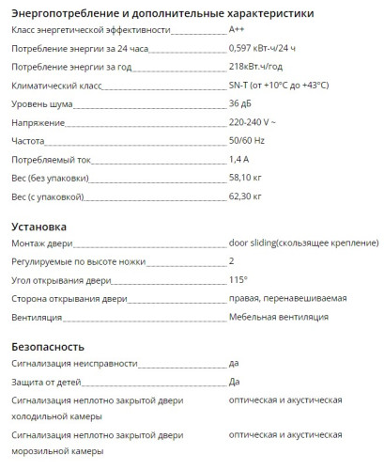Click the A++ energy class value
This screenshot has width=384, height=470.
[238, 31]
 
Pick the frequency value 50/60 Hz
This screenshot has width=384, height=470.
[247, 140]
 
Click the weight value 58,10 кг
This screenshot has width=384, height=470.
[245, 177]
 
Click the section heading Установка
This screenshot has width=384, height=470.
[38, 227]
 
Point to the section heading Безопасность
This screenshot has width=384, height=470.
[49, 346]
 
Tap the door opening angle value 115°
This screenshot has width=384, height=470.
[238, 280]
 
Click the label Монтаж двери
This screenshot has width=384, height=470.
[40, 244]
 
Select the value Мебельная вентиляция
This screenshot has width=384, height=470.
[278, 317]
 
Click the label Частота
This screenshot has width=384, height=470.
[27, 140]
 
